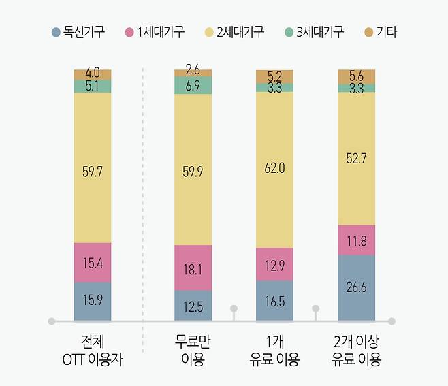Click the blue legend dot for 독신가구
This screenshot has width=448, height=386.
coord(56,32)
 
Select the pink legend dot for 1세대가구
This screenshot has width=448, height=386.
coord(130,32)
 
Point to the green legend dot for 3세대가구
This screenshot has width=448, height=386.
coord(289,32)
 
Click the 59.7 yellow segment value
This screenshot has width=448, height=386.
coord(92,172)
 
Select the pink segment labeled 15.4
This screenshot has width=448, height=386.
coord(92,262)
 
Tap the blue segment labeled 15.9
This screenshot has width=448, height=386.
coord(92,300)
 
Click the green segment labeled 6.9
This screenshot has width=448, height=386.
coord(193,85)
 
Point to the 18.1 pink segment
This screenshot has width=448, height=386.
coord(193,269)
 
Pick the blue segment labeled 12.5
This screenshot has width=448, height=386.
coord(193,306)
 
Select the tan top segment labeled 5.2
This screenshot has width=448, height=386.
coord(274,76)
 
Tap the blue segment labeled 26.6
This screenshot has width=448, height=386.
coord(356,287)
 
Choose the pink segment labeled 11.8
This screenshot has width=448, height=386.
coord(356,240)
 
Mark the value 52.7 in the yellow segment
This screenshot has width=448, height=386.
coord(356,158)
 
